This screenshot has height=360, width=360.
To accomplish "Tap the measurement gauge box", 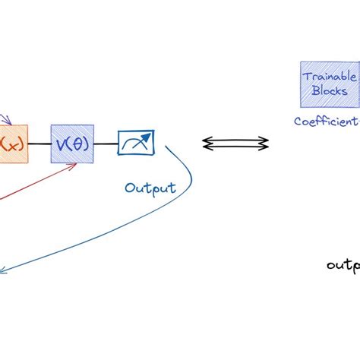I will click(137, 141).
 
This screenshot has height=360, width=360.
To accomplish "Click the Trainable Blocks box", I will click(325, 84).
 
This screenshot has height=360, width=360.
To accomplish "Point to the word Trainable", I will click(325, 77).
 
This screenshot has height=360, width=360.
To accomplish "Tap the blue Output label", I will click(150, 188).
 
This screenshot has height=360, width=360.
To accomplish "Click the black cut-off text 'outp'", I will click(343, 265).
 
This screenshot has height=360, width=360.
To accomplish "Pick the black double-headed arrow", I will click(235, 142).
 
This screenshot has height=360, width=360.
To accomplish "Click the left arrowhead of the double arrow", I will click(205, 142).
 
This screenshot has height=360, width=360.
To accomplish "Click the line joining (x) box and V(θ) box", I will click(39, 142).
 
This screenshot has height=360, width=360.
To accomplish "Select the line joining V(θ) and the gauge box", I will click(106, 142).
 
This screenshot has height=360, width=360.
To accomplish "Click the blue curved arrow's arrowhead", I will click(3, 268).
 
